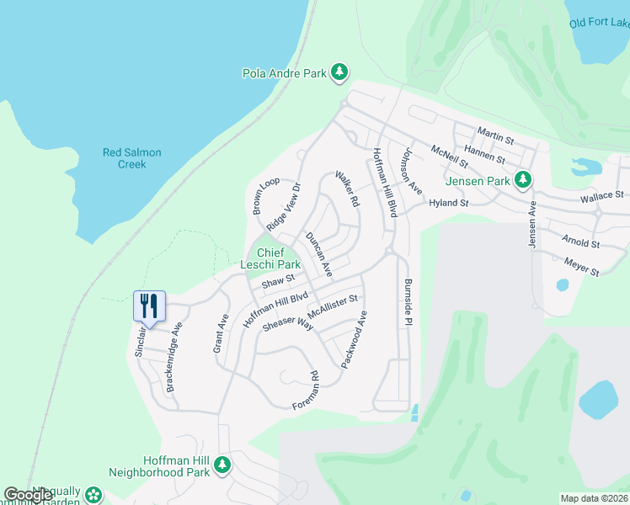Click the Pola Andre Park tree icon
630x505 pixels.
339,73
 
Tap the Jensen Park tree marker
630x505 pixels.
523,180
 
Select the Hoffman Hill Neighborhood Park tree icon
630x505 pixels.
222,465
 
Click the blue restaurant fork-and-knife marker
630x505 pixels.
149,305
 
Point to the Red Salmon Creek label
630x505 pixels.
131,158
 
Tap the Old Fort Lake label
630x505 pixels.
599,24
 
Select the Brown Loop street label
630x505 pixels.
266,195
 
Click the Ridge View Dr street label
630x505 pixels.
284,208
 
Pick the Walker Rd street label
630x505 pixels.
347,189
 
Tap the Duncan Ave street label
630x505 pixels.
319,254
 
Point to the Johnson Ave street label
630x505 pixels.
411,172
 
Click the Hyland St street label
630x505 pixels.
448,203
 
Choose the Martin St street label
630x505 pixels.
495,132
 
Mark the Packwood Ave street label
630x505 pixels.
355,340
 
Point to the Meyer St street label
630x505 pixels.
581,267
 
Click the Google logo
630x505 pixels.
28,496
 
